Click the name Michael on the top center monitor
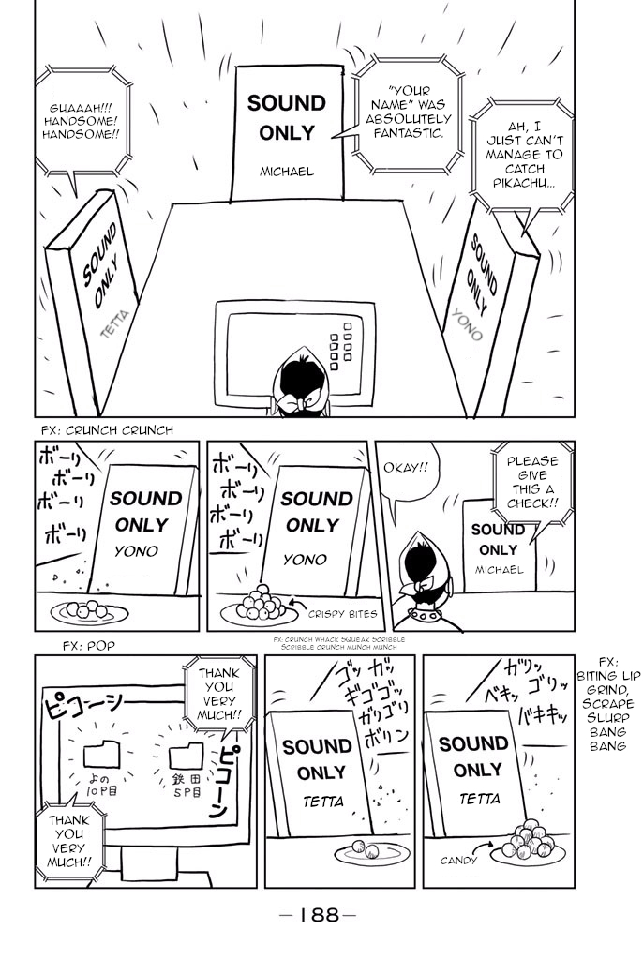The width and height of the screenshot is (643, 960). coord(287,172)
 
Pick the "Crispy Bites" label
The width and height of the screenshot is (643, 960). coord(342,614)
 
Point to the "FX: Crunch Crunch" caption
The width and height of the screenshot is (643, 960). coord(106,430)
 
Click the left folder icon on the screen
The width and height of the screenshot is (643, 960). coord(99,753)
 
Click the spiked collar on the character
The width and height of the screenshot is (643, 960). coord(431,619)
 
